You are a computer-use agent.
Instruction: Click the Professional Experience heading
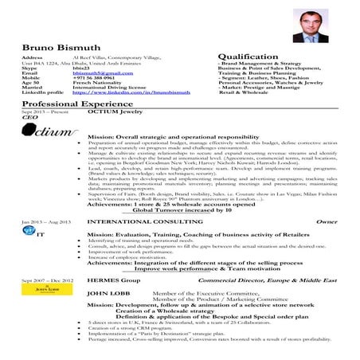click(70, 104)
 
